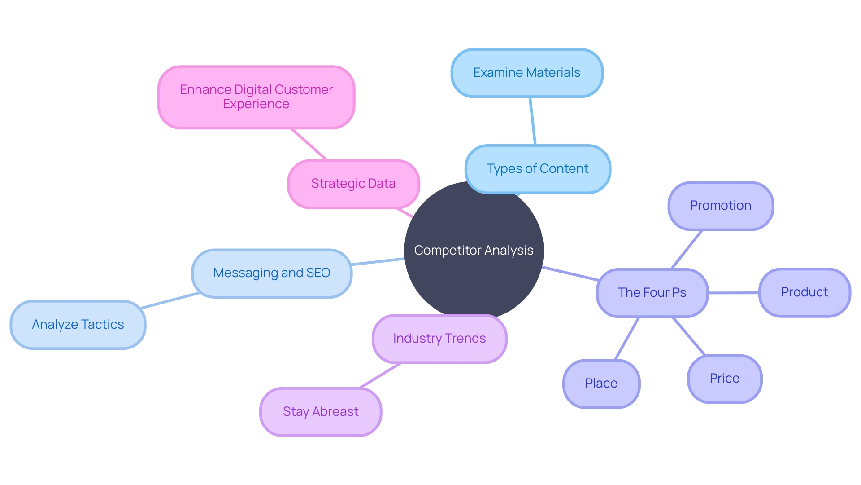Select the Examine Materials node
(527, 73)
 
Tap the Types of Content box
(538, 169)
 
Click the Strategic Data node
(353, 184)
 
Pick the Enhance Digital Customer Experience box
(256, 97)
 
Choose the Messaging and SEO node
(272, 273)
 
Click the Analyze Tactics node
(78, 325)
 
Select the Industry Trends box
(439, 339)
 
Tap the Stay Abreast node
(321, 412)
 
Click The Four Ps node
(652, 293)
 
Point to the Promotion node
(721, 206)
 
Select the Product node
(804, 292)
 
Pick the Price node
(725, 379)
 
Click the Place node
(601, 384)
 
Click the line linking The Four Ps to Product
(734, 293)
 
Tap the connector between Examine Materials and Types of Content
(533, 121)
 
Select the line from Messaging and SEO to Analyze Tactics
(170, 300)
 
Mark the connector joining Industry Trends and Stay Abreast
(380, 375)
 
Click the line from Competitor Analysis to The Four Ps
(570, 273)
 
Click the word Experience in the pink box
(256, 104)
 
